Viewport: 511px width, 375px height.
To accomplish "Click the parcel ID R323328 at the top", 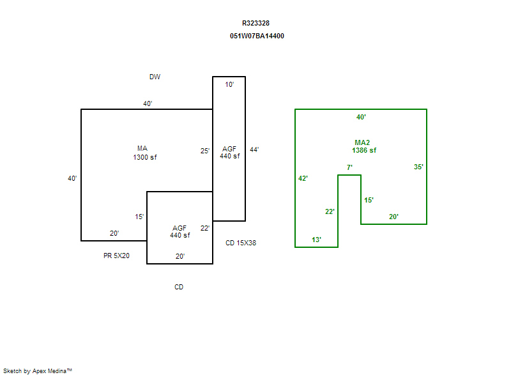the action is tap(256, 23).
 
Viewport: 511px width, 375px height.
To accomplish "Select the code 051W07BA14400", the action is tap(257, 36).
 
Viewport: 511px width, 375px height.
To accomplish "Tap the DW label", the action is tap(155, 77).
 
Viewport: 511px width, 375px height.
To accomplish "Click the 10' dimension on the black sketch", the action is tap(229, 85).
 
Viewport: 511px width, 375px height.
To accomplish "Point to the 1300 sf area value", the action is tap(145, 157).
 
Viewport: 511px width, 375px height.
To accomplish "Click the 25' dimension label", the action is tap(205, 151).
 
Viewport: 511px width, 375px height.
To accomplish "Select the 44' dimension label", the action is tap(254, 149).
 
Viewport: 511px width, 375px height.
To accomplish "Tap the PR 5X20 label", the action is tap(116, 256).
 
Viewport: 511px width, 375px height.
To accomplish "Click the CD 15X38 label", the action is tap(241, 243).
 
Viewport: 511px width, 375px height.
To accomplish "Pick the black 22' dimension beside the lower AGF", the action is tap(205, 228).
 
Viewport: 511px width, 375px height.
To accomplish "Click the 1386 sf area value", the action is tap(364, 150).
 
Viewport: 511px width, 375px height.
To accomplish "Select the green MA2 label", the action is tap(362, 142).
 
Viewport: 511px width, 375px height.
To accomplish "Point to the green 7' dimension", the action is tap(349, 167).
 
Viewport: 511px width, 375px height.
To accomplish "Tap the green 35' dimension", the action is tap(418, 167).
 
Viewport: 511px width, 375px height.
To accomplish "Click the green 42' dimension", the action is tap(303, 178).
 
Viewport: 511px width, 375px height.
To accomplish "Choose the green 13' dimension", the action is tap(316, 240).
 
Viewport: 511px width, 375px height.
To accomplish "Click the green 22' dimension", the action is tap(330, 211).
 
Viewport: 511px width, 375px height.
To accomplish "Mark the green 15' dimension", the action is tap(369, 200).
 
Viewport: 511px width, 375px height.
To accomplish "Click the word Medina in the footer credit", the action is tap(57, 371).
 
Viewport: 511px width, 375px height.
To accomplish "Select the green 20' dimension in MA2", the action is tap(393, 217).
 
